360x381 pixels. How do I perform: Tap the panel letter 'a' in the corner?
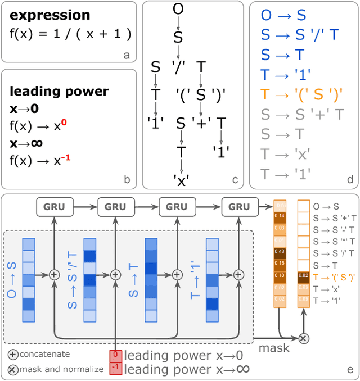click(127, 55)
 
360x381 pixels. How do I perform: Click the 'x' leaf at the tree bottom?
click(182, 179)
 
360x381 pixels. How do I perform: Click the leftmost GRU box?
click(54, 207)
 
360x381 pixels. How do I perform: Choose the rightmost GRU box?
click(238, 207)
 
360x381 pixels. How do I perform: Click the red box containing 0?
click(115, 355)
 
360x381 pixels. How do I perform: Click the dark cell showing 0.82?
click(303, 275)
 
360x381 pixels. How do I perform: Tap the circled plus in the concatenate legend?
click(13, 355)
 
